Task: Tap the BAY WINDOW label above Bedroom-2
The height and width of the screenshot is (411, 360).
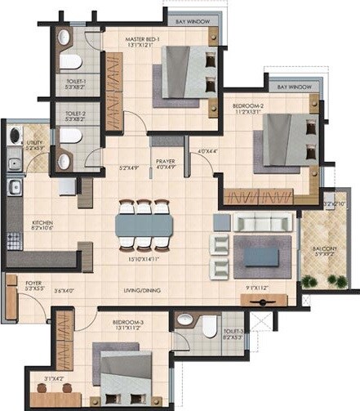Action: click(x=295, y=87)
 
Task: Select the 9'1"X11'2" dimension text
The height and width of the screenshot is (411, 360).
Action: click(x=260, y=287)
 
